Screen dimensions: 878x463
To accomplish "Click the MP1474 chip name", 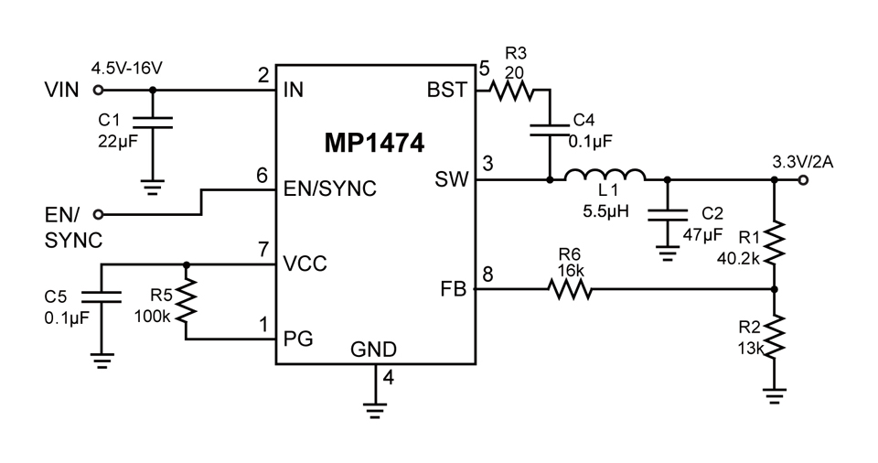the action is [374, 143].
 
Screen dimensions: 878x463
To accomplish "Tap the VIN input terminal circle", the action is [98, 90].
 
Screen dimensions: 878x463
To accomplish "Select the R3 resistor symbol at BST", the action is [511, 91].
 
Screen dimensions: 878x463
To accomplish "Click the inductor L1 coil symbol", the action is [605, 175].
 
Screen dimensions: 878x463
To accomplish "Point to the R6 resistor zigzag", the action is [570, 289].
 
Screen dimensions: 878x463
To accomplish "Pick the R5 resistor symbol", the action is [187, 300].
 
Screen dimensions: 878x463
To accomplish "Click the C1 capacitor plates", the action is [153, 123].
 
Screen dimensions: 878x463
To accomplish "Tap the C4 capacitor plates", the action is [550, 130].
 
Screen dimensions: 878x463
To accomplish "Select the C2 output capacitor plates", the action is [667, 216].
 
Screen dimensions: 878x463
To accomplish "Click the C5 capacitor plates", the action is [102, 297].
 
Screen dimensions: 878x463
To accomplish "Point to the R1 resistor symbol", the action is [775, 242].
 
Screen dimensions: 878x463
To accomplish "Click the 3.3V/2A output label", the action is [803, 163].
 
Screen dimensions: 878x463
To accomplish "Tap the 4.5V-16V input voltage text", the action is [126, 69].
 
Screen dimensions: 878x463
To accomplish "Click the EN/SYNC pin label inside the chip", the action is [330, 188].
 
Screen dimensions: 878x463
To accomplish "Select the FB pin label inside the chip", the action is [453, 289].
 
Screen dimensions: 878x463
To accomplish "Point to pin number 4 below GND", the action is [388, 378].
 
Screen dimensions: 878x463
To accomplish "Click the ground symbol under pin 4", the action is [375, 410].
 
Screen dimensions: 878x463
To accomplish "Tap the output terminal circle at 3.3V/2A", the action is [803, 180].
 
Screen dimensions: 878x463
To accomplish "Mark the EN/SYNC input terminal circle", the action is [98, 214].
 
